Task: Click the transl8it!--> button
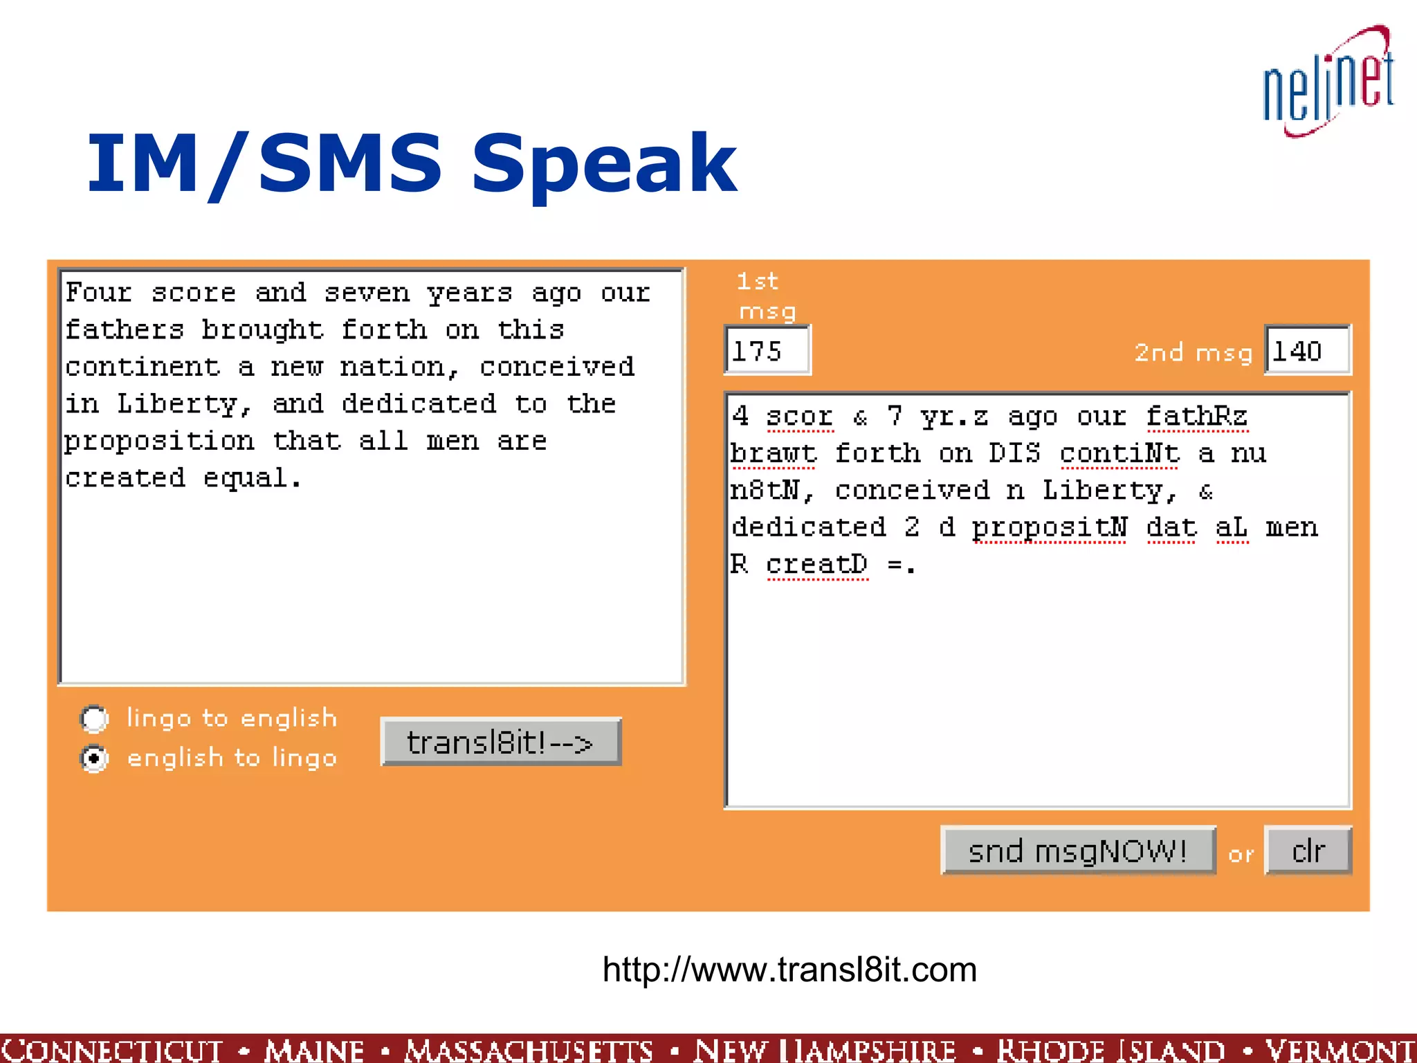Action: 500,743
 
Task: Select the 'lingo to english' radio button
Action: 94,719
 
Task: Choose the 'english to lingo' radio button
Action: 94,758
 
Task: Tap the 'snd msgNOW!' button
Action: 1077,851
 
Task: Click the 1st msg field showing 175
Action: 767,351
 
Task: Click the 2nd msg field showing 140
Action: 1306,351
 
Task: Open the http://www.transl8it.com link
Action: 789,970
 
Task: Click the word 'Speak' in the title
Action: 603,164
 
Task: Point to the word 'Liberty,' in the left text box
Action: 184,403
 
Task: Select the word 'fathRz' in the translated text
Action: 1196,417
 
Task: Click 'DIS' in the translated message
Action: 1014,453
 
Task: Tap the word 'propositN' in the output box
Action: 1050,527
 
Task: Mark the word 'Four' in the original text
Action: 98,293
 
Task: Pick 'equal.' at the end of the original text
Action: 253,478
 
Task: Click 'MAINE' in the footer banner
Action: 314,1049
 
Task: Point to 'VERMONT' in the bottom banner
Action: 1340,1049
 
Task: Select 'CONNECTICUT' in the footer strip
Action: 112,1049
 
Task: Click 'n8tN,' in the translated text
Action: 772,491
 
